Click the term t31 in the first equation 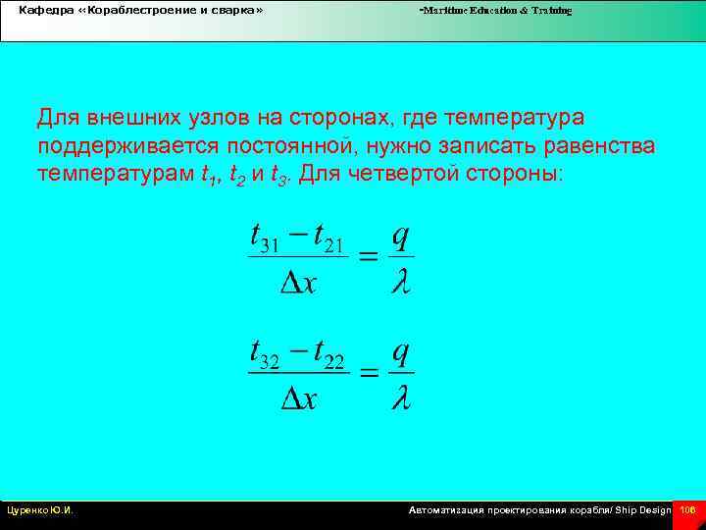tap(266, 239)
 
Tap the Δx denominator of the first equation tap(298, 283)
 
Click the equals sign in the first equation tap(367, 257)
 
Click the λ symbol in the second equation tap(400, 397)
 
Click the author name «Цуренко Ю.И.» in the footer tap(40, 510)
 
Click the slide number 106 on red tap(687, 510)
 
